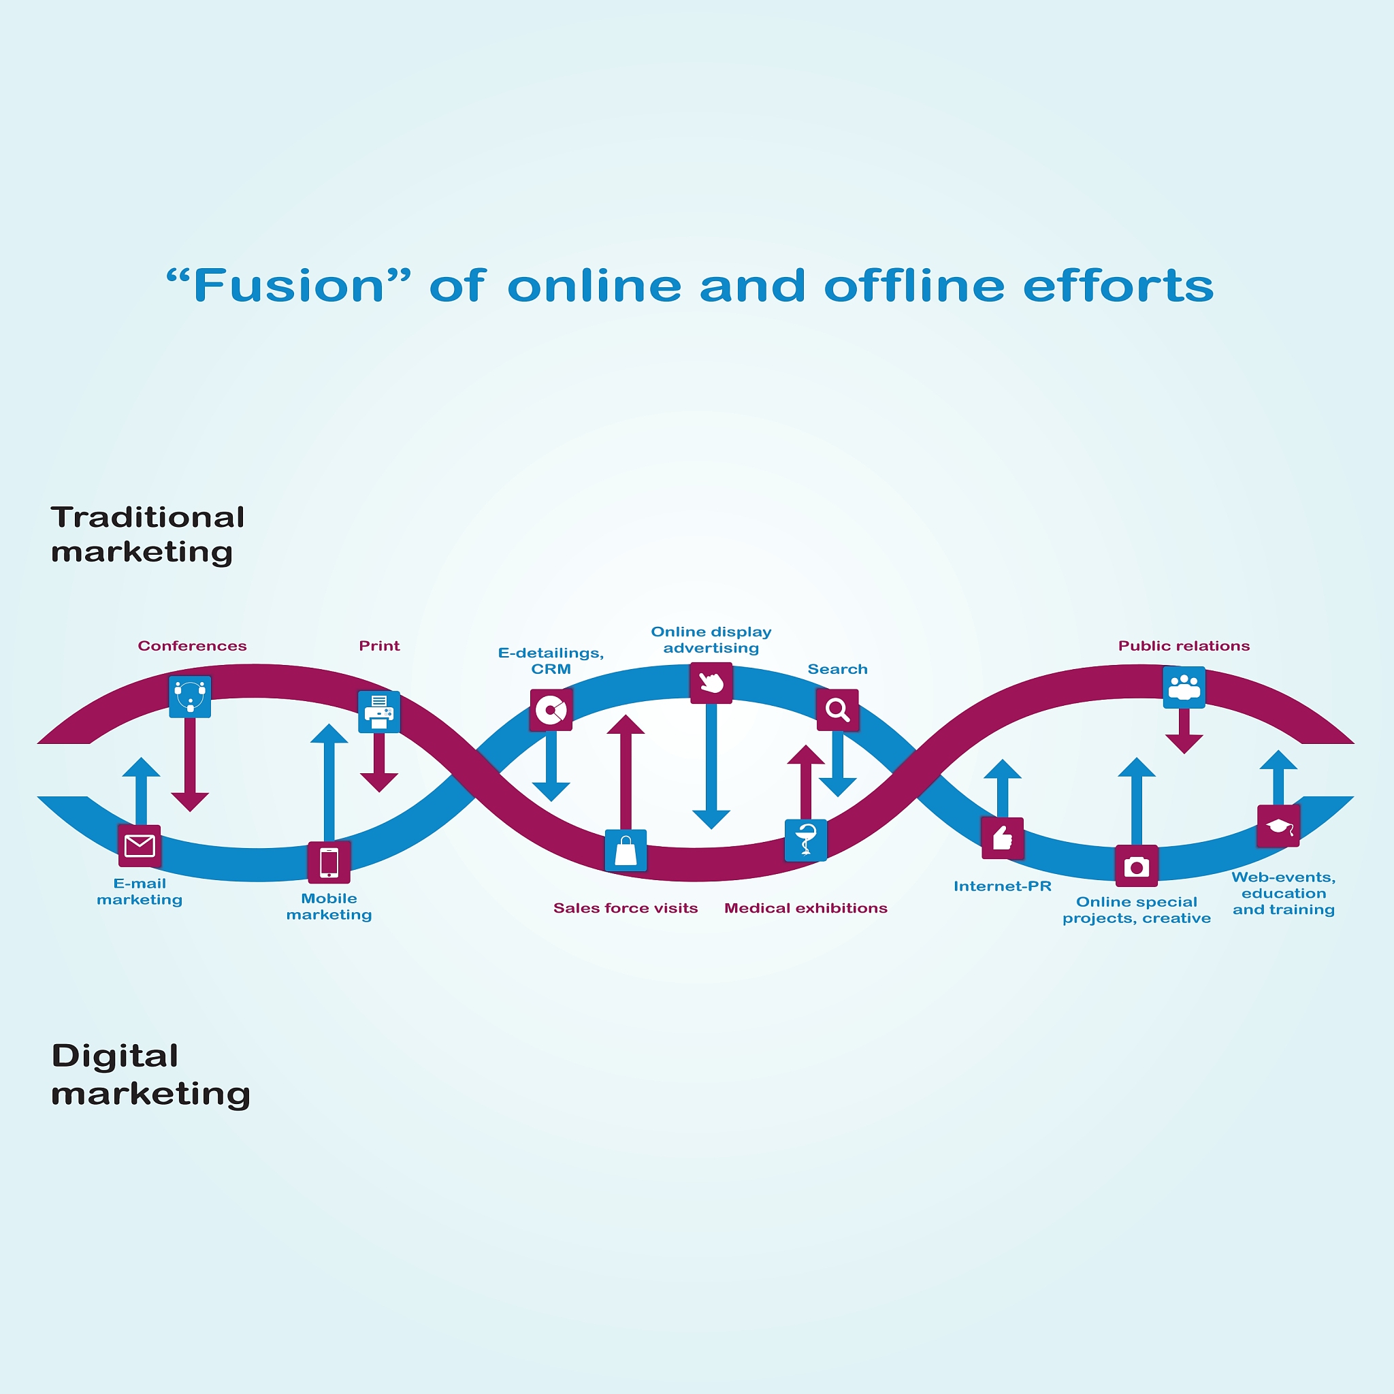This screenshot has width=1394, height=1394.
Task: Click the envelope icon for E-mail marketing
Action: point(140,845)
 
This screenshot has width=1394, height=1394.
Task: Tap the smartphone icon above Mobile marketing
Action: point(329,862)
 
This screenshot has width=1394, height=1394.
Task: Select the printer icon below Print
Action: point(379,712)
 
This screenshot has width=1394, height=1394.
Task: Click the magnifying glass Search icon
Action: point(838,710)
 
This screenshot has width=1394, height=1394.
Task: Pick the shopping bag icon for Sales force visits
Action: point(626,851)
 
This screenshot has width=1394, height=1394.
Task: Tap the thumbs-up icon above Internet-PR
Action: point(1002,839)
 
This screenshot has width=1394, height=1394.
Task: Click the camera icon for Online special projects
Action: point(1137,866)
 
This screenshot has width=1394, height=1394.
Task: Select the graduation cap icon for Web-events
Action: point(1278,826)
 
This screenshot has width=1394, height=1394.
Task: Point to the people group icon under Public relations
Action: point(1184,687)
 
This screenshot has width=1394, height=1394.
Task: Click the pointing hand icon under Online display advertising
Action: point(711,683)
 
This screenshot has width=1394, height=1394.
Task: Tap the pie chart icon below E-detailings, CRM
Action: point(551,710)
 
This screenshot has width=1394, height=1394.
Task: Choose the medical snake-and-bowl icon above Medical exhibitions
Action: point(806,841)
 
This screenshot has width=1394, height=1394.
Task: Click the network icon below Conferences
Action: point(190,696)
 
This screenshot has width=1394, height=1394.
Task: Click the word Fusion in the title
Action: point(289,286)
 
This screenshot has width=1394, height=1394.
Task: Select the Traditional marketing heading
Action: point(148,534)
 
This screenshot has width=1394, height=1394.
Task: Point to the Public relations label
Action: point(1184,646)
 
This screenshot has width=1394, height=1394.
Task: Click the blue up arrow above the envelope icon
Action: point(142,791)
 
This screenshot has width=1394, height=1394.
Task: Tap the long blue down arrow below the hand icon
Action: point(711,766)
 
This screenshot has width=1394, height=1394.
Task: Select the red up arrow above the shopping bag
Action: point(626,772)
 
